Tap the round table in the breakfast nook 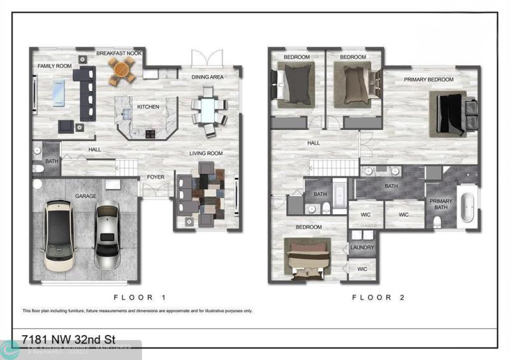(122, 69)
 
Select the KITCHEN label (148, 107)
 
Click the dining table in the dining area (208, 112)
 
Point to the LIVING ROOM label (205, 154)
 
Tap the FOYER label (156, 177)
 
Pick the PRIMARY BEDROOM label (428, 80)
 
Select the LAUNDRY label (362, 247)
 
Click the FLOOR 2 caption (379, 297)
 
